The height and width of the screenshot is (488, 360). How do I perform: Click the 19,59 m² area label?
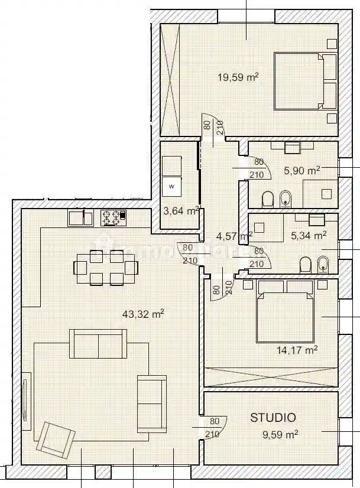pyautogui.click(x=239, y=76)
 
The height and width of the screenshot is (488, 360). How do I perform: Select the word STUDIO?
pyautogui.click(x=273, y=418)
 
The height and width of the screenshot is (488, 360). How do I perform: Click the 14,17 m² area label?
pyautogui.click(x=297, y=350)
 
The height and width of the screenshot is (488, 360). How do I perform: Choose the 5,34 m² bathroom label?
pyautogui.click(x=309, y=236)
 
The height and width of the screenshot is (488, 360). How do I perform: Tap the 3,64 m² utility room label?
pyautogui.click(x=181, y=210)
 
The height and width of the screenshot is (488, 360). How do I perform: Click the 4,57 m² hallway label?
pyautogui.click(x=235, y=236)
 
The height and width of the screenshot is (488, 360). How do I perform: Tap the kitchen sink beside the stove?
pyautogui.click(x=80, y=218)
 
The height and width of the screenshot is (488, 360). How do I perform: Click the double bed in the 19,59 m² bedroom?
pyautogui.click(x=304, y=82)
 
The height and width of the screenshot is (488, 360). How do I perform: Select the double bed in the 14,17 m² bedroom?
pyautogui.click(x=285, y=311)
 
